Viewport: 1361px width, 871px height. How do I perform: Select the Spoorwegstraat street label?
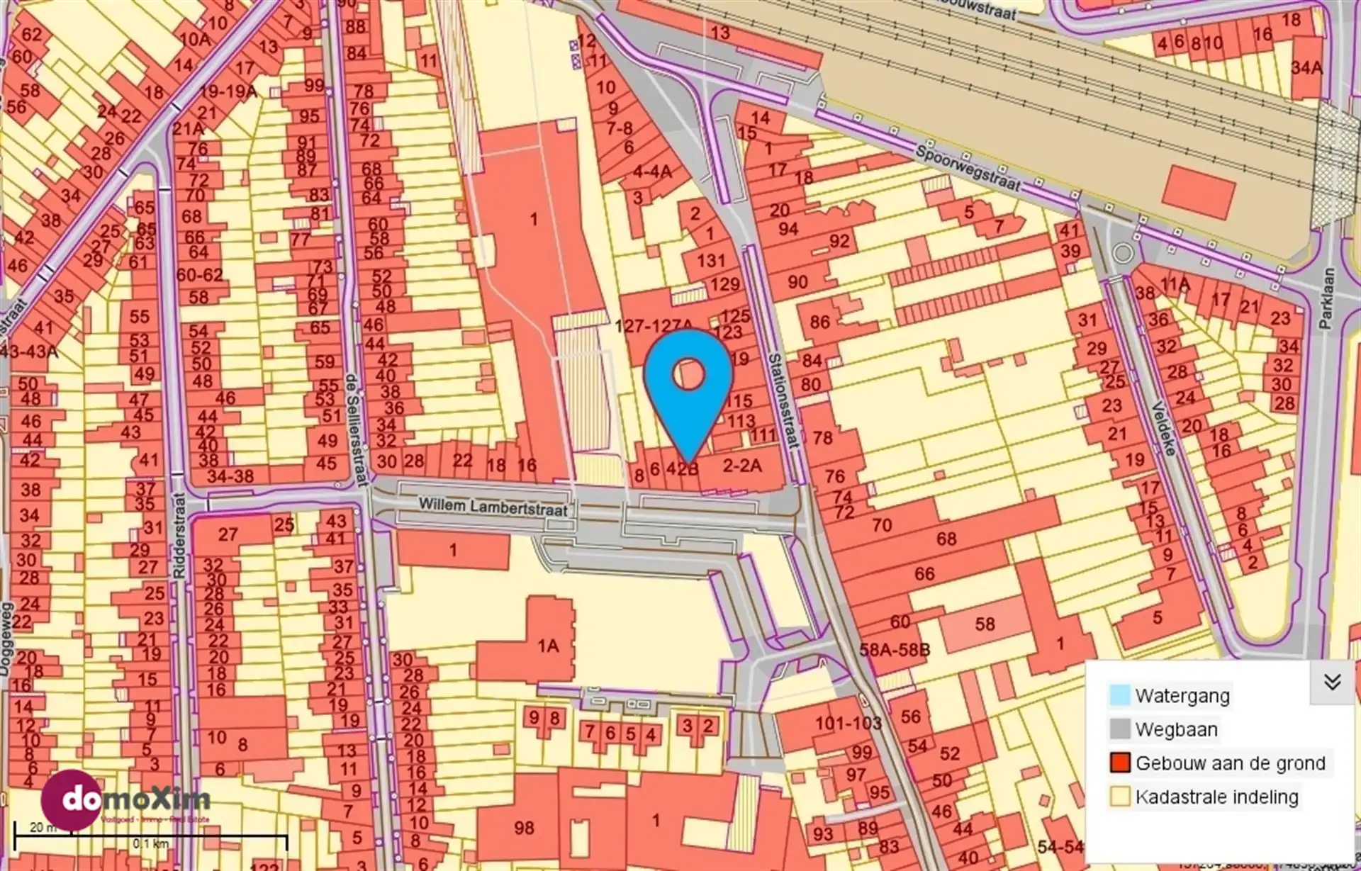[x=968, y=169]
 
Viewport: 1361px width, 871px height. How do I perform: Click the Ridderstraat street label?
[x=179, y=536]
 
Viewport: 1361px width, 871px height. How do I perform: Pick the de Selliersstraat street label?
[x=356, y=429]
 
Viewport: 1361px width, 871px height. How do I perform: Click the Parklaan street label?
[x=1327, y=298]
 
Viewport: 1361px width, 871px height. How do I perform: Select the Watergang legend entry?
[x=1182, y=696]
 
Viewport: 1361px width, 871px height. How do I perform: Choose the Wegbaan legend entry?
[x=1176, y=729]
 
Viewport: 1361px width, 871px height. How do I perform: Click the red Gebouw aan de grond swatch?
[x=1120, y=763]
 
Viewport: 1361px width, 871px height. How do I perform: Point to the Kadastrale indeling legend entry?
[x=1216, y=797]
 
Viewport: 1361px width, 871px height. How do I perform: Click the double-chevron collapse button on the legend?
[x=1332, y=682]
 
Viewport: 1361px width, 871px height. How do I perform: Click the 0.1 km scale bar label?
[x=150, y=844]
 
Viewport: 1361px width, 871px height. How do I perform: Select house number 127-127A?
[x=654, y=326]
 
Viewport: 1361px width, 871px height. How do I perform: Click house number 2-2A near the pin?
[x=741, y=466]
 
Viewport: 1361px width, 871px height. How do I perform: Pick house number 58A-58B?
[x=895, y=650]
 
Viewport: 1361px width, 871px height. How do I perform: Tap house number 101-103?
[x=848, y=724]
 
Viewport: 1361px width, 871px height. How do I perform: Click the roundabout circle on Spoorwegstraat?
[x=1122, y=253]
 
